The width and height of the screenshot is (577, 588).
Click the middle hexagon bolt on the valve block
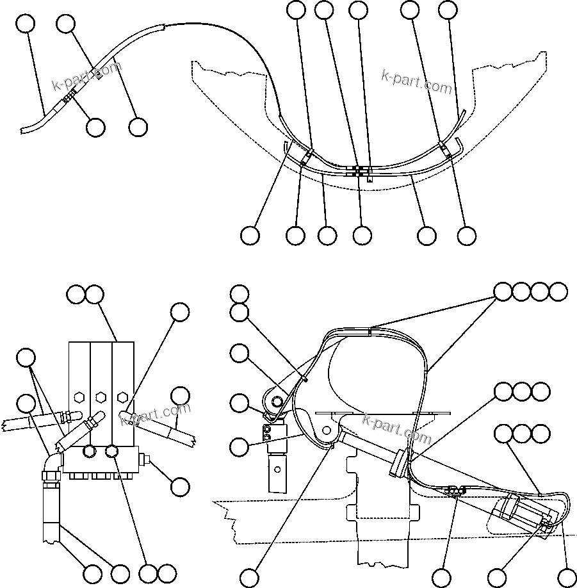tap(101, 397)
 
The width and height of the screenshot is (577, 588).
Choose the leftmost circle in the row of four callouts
tap(503, 291)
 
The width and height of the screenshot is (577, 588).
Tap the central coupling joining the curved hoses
tap(360, 171)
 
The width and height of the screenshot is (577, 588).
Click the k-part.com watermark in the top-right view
tap(416, 80)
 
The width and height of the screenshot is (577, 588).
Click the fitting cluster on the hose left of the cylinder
tap(453, 490)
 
